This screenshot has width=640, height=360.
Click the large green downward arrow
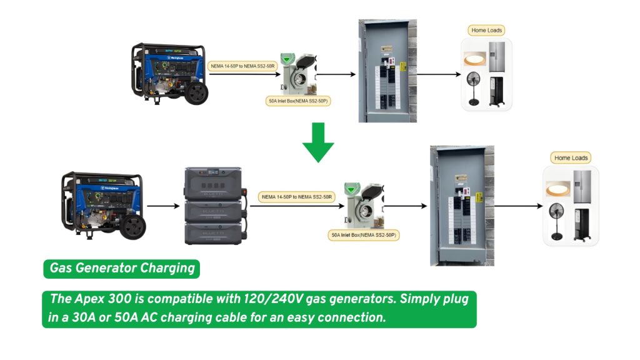pyautogui.click(x=318, y=142)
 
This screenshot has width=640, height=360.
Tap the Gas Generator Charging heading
pyautogui.click(x=121, y=269)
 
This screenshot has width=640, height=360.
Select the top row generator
pyautogui.click(x=169, y=74)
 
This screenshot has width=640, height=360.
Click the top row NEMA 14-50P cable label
pyautogui.click(x=243, y=66)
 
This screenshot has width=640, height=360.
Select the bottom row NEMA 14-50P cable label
pyautogui.click(x=297, y=197)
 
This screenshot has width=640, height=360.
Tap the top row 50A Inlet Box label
pyautogui.click(x=298, y=100)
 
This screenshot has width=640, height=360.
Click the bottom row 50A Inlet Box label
pyautogui.click(x=364, y=236)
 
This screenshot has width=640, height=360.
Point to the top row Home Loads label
pyautogui.click(x=486, y=30)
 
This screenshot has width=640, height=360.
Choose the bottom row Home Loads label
pyautogui.click(x=571, y=158)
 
